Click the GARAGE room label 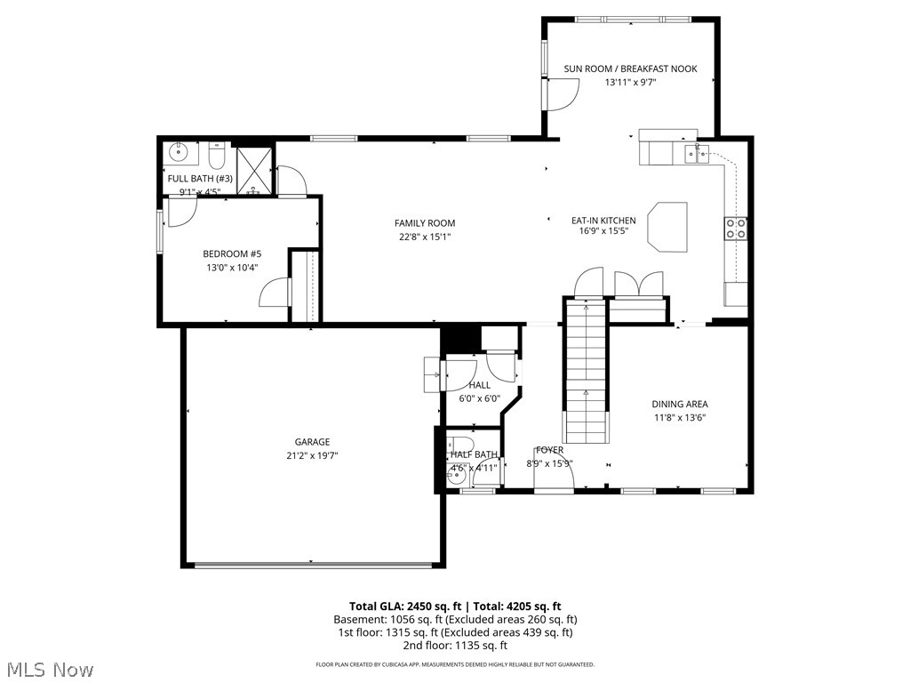(312, 442)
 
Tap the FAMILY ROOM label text (425, 223)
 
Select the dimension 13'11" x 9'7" (630, 82)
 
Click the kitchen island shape (668, 225)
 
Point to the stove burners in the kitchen (736, 229)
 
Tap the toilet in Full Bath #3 (216, 156)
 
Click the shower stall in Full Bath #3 (253, 171)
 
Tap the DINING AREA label (679, 404)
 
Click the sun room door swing (562, 94)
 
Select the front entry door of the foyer (553, 477)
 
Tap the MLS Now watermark (49, 669)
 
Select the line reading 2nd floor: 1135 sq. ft (454, 646)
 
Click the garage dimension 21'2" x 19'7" (312, 455)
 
